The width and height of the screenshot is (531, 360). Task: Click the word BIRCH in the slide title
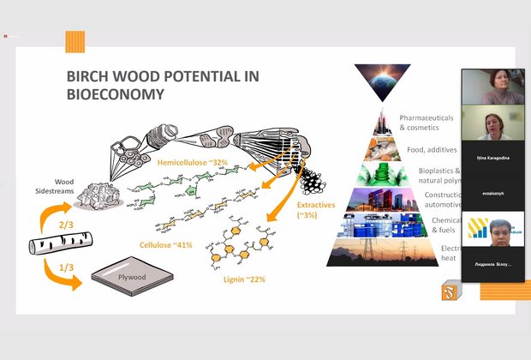point(88,75)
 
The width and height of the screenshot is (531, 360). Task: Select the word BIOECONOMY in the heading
point(116,93)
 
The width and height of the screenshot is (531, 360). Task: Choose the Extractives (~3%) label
point(313,211)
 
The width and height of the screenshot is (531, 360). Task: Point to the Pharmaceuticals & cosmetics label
point(419,123)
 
